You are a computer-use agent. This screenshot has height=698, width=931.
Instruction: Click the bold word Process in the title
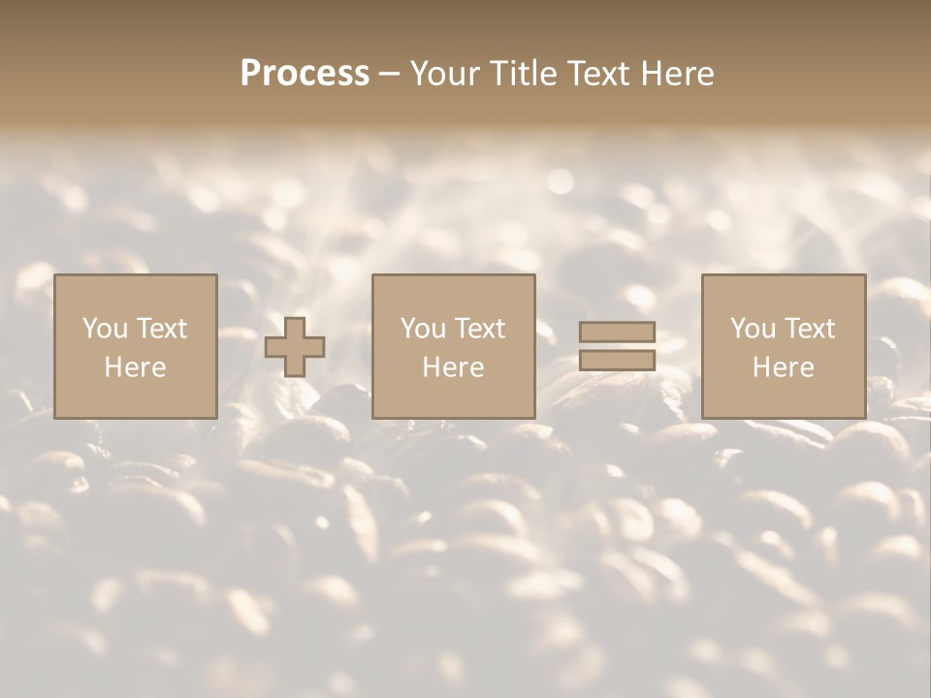[305, 74]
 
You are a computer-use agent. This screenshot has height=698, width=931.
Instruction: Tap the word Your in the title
[446, 74]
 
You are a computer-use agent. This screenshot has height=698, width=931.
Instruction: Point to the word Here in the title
[678, 74]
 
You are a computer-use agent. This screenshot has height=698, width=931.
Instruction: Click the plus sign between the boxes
[295, 347]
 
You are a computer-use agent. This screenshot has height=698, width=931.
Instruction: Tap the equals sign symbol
[617, 346]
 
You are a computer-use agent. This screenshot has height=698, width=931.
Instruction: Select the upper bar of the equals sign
[617, 333]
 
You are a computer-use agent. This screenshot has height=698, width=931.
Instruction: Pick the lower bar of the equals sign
[617, 360]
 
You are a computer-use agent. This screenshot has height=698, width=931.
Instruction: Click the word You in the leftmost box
[105, 329]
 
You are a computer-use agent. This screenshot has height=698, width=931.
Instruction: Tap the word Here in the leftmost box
[136, 367]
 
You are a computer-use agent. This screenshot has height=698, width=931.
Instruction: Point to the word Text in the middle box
[480, 329]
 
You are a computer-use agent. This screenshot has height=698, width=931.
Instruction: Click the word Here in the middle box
[454, 367]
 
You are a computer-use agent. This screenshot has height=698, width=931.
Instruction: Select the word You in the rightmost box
[753, 329]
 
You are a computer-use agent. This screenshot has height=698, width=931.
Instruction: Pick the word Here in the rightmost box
[784, 367]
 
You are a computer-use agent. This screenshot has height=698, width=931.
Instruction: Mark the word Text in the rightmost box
[810, 329]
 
